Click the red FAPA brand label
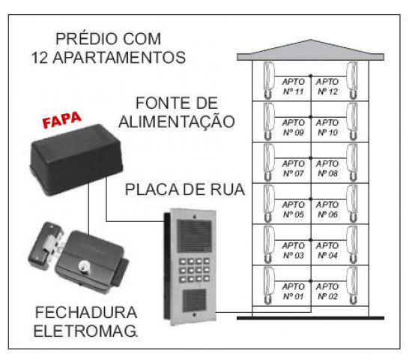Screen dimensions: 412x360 coord(62,120)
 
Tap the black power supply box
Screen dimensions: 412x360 coord(76,160)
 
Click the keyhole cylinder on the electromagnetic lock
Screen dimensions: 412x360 coord(84,266)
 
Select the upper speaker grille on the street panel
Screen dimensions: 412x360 coord(194,236)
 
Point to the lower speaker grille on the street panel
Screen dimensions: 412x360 coord(195,300)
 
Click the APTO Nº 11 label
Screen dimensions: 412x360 coord(293,86)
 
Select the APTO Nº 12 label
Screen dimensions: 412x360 coord(327,86)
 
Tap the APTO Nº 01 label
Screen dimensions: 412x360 coord(293,291)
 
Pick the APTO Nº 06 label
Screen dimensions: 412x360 coord(327,209)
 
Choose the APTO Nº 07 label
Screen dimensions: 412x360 coord(293,169)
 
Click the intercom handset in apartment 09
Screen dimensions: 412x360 coord(269,121)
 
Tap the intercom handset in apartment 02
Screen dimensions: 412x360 coord(352,286)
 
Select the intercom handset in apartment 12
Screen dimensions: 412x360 coord(352,80)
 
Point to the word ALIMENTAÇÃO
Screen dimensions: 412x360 coord(177,121)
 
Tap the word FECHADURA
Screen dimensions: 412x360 coord(86,312)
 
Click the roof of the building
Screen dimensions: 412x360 coord(311,50)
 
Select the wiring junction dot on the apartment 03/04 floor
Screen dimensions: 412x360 coord(311,240)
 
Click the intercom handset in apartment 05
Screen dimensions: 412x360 coord(269,203)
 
